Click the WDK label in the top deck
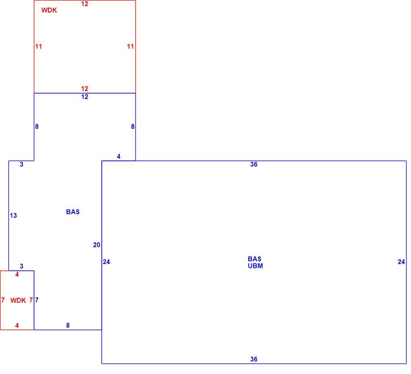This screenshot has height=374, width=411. click(49, 10)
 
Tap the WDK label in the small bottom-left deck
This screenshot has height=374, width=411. click(18, 300)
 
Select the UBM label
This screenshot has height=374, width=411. click(255, 266)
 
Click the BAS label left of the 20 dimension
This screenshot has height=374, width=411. click(73, 212)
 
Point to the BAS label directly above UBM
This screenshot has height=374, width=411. click(255, 259)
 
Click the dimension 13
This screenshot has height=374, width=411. click(13, 215)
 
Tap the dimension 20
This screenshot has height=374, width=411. click(97, 245)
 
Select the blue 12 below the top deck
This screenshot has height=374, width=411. click(85, 97)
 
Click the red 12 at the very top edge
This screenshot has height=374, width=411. click(85, 4)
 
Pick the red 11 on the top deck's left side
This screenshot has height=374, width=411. click(39, 47)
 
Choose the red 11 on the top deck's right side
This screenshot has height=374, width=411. click(130, 47)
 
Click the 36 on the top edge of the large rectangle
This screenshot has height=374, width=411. click(254, 165)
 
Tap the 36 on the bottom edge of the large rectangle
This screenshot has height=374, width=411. click(254, 360)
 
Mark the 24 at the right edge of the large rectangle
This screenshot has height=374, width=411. click(401, 262)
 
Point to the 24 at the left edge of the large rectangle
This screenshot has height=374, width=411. click(106, 262)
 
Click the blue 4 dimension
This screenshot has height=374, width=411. click(118, 157)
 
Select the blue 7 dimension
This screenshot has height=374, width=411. click(37, 300)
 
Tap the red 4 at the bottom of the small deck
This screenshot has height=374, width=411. click(17, 326)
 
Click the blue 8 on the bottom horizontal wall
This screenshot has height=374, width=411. click(68, 326)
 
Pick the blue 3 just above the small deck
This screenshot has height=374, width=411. click(21, 267)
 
